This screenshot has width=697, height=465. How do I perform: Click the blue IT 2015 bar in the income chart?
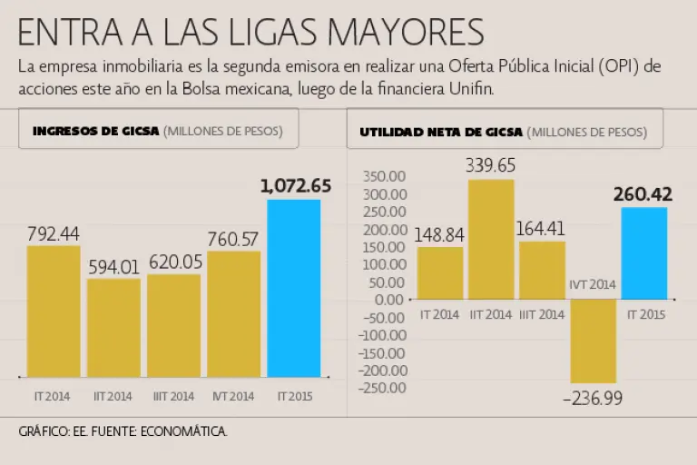tap(293, 288)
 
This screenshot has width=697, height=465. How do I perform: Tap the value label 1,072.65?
tap(295, 186)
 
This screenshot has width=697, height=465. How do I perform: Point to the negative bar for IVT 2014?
tap(593, 341)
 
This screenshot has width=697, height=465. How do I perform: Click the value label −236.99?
tap(593, 398)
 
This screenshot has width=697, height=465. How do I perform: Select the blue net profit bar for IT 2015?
tap(643, 253)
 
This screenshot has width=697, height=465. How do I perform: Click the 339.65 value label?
tap(491, 165)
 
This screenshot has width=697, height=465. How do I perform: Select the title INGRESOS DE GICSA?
tap(95, 131)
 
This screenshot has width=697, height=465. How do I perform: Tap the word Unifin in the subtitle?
tap(471, 88)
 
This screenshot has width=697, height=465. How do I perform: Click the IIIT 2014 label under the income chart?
tap(173, 396)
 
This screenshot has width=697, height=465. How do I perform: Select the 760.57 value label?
tap(233, 239)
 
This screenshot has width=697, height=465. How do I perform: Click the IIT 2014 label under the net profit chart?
tap(491, 314)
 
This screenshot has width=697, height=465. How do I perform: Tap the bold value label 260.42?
tap(643, 194)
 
